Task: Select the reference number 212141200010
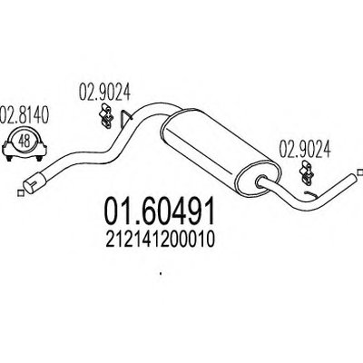pos(160,240)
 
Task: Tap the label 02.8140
pos(24,114)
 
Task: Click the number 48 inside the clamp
pos(25,141)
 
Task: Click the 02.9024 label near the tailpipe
pos(304,149)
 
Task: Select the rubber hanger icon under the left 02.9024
pos(105,116)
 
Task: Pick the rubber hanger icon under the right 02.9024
pos(306,173)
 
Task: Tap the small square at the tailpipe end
pos(359,172)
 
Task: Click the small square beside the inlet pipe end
pos(21,193)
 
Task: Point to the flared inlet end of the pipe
pos(34,181)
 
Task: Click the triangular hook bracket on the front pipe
pos(126,117)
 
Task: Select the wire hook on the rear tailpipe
pos(310,195)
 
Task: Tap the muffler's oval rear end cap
pos(259,181)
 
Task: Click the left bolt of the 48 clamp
pos(10,158)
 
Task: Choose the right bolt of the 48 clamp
pos(39,158)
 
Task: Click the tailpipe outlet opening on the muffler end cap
pos(261,181)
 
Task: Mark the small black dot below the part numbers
pos(161,275)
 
